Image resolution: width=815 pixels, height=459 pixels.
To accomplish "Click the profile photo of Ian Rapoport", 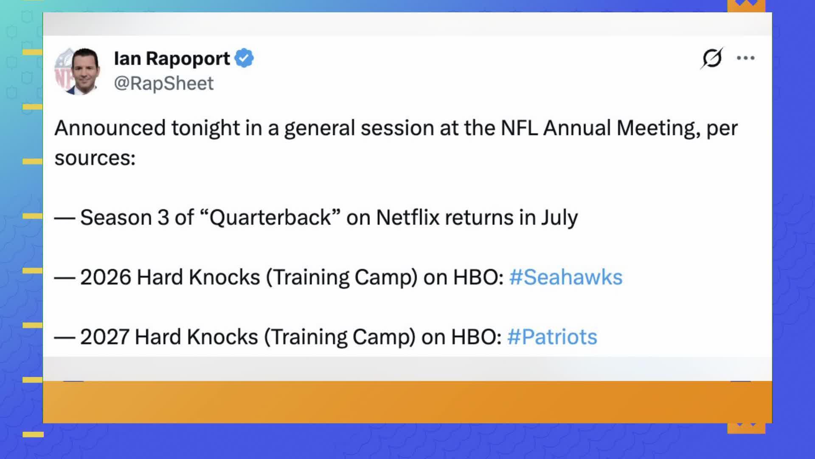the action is click(78, 71).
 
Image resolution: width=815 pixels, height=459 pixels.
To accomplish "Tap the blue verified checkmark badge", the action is click(244, 58).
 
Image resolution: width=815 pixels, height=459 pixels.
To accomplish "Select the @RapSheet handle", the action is click(163, 83).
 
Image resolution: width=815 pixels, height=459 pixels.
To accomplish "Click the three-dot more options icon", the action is click(746, 58).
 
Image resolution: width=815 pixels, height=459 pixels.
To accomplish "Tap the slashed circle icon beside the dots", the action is click(712, 58).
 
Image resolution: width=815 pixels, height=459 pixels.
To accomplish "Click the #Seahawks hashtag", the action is click(565, 277).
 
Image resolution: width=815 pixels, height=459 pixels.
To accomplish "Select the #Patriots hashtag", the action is click(552, 337).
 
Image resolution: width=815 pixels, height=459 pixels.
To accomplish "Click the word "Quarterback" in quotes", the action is click(270, 218).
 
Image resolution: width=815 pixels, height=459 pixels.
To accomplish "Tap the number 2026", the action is click(106, 278).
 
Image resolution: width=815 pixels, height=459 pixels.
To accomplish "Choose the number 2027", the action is click(105, 337).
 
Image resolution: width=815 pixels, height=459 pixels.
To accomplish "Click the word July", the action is click(559, 218).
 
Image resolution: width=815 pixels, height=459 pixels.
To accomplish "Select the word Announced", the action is click(110, 128).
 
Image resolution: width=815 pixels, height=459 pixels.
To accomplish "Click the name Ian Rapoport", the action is click(172, 59).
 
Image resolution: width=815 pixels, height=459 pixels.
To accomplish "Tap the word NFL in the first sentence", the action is click(519, 128).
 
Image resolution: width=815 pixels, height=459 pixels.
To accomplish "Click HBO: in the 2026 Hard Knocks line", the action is click(478, 278).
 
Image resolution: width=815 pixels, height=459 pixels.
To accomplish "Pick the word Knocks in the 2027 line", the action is click(222, 337).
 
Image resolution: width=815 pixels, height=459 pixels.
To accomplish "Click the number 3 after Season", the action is click(163, 218).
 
